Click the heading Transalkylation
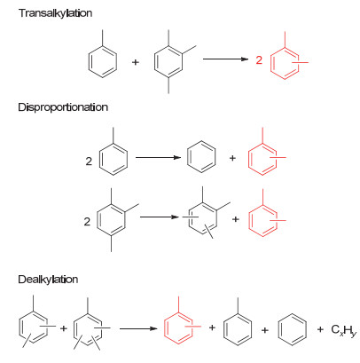coord(55,13)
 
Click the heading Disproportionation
coord(63,107)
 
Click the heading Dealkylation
coord(48,280)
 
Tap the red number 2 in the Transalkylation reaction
coord(259,60)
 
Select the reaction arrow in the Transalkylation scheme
coord(225,59)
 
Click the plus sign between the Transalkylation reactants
coord(136,62)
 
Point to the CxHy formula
coord(344,330)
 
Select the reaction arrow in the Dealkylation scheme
coord(138,328)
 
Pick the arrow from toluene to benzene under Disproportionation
coord(158,157)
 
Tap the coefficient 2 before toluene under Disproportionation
coord(89,162)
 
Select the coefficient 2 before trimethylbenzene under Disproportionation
coord(87,222)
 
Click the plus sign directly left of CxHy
coord(320,329)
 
